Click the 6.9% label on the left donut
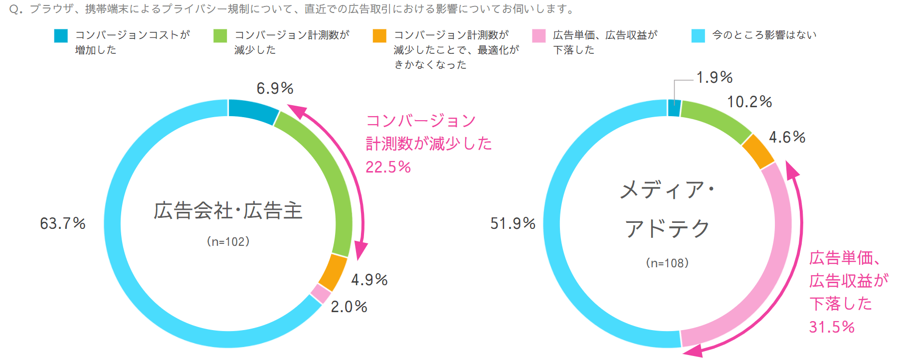pos(275,89)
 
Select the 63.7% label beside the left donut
pos(63,223)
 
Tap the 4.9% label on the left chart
pos(369,280)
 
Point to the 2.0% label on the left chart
pos(349,307)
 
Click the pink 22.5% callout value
pos(388,167)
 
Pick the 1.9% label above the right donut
pos(714,78)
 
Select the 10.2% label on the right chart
pos(749,102)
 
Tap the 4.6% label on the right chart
pos(787,137)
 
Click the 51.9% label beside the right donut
pos(513,223)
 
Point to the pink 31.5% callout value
pos(832,327)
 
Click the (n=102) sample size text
pos(228,242)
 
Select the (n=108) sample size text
pos(667,263)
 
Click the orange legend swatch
pos(379,36)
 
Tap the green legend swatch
pos(220,36)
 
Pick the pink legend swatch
pos(539,36)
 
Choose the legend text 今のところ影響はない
pos(764,35)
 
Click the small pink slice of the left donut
pos(321,294)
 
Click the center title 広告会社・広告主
pos(228,211)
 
